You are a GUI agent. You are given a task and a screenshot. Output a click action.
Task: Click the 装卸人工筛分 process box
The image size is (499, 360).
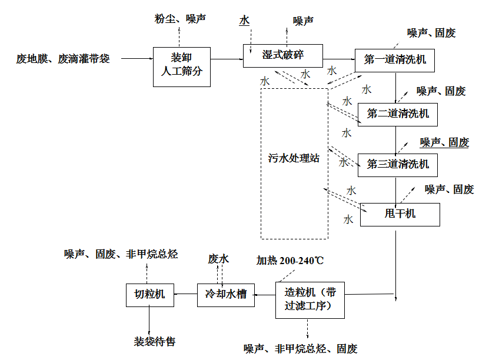pyautogui.click(x=182, y=66)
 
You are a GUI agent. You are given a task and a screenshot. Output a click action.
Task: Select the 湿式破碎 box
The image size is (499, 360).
pyautogui.click(x=282, y=55)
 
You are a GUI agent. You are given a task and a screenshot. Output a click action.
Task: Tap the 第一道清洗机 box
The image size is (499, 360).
pyautogui.click(x=395, y=60)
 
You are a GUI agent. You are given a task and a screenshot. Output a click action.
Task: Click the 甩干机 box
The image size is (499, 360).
pyautogui.click(x=400, y=214)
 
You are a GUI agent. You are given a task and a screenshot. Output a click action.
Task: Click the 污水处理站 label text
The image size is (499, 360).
pyautogui.click(x=294, y=159)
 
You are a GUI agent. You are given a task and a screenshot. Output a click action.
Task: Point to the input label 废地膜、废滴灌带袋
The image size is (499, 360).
pyautogui.click(x=63, y=59)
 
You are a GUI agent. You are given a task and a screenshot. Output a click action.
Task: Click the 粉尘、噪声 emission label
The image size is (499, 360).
pyautogui.click(x=180, y=19)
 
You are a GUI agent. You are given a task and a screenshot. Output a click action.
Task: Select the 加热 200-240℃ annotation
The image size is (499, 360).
pyautogui.click(x=290, y=260)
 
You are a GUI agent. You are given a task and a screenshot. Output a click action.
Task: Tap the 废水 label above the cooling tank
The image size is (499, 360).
pyautogui.click(x=218, y=259)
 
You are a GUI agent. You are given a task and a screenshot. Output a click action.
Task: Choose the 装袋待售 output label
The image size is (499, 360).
pyautogui.click(x=155, y=341)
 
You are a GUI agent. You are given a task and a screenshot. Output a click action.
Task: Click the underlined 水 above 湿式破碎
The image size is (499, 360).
pyautogui.click(x=244, y=21)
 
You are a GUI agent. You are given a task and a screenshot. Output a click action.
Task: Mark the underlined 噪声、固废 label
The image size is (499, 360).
pyautogui.click(x=444, y=142)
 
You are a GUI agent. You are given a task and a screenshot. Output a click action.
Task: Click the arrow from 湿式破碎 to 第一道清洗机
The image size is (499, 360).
pyautogui.click(x=338, y=59)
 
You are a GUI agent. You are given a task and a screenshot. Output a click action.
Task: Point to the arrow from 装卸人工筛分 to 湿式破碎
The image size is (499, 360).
pyautogui.click(x=227, y=59)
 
